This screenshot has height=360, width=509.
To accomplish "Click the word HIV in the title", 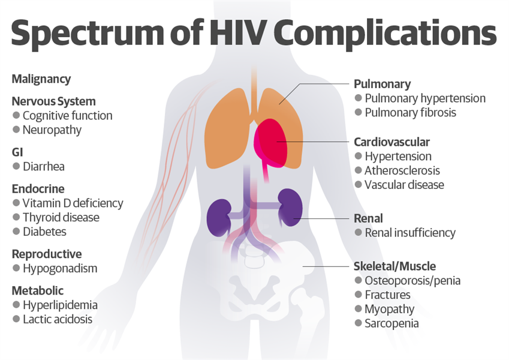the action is coord(236,32).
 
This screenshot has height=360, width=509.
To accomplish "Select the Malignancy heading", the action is coord(41,79).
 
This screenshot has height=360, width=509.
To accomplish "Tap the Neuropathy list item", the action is coord(52,130).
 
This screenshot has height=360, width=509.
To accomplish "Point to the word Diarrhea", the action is coord(44,167).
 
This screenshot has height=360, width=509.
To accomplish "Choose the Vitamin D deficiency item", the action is coord(73,203).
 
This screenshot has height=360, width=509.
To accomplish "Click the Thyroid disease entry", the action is coord(61,217).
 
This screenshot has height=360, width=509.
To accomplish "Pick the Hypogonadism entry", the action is coord(60,269).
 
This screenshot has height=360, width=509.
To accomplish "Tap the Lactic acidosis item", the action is coord(58,319).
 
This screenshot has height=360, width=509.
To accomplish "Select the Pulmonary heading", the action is coord(382,84).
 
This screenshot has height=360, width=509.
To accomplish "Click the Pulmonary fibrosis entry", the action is coord(410,113).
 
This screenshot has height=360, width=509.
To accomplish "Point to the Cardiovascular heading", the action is coord(391,142).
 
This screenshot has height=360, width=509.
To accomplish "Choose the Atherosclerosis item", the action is coord(402,170).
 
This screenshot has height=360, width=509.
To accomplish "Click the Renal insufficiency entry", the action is coord(410,233).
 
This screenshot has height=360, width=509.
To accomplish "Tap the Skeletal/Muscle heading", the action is coord(394,266).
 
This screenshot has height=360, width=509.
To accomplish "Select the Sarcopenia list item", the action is coord(391,323).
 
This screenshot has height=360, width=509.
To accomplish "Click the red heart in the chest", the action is coord(270,143).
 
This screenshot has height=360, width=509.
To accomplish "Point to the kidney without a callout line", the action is coord(219,218).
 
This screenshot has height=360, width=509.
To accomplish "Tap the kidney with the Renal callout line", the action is coord(290,207).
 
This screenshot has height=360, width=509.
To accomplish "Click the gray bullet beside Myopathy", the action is coord(358,308).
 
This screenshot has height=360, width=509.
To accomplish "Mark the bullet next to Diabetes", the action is coord(16,232).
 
